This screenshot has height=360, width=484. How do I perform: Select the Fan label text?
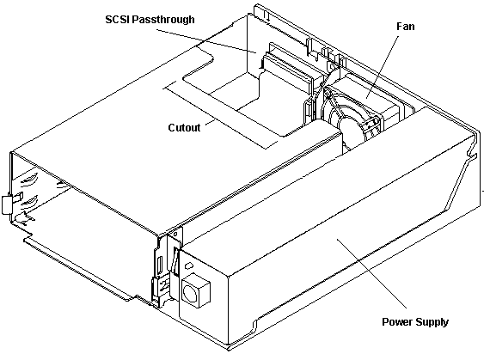(x=405, y=27)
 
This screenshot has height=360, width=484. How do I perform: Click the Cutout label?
(x=184, y=128)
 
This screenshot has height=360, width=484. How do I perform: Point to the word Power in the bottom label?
(x=397, y=321)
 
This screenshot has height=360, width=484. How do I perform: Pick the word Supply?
(x=432, y=322)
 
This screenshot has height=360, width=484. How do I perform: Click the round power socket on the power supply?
(x=188, y=292)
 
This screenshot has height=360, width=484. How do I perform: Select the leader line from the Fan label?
(x=383, y=67)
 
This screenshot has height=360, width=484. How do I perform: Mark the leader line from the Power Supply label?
(x=371, y=273)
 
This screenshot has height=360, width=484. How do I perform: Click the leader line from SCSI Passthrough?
(x=206, y=41)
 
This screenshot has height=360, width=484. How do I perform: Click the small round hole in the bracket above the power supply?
(x=175, y=235)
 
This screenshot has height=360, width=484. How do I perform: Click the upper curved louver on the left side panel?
(x=29, y=181)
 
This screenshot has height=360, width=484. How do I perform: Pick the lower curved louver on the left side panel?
(x=29, y=203)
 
